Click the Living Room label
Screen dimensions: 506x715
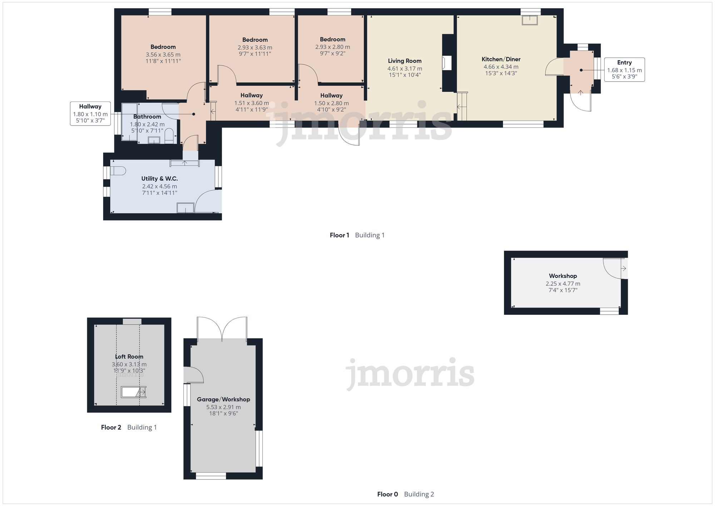405,61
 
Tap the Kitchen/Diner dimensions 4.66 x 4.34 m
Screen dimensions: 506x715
500,67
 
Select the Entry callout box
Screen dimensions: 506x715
624,70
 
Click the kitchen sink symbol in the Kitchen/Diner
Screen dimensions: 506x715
530,20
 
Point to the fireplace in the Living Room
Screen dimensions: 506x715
446,63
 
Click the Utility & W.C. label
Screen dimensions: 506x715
159,178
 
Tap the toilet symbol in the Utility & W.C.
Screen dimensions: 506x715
118,171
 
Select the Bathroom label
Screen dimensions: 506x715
147,117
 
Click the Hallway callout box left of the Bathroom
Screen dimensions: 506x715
90,114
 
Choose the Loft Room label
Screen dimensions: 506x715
129,357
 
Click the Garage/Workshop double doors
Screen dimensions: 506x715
222,328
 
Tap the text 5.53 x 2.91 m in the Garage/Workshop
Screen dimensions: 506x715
223,407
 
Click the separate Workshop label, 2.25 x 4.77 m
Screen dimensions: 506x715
563,276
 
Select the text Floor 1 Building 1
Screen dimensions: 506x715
357,235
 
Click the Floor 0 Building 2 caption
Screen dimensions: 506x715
405,494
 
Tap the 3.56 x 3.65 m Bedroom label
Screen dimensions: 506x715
163,47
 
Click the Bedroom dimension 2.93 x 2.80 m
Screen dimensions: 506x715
332,47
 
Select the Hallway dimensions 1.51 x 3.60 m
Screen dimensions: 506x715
251,103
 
